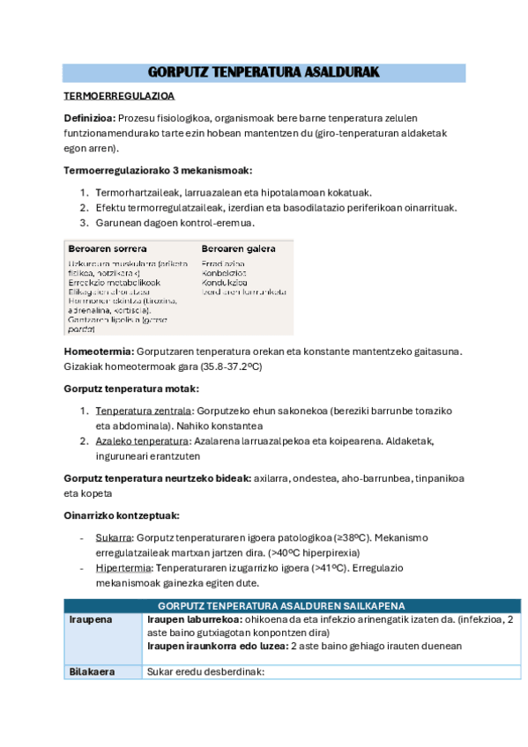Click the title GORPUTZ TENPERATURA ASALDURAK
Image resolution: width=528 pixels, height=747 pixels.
tap(264, 72)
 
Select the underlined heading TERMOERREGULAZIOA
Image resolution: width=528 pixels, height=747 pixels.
tap(119, 95)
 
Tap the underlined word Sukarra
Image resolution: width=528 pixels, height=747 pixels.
tap(115, 537)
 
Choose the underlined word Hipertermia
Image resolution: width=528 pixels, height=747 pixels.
tap(122, 567)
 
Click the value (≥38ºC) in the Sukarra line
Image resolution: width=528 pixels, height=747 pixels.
tap(353, 537)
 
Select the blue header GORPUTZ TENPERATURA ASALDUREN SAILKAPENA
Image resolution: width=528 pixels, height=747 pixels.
tap(280, 606)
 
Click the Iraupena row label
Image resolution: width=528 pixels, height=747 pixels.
tap(91, 619)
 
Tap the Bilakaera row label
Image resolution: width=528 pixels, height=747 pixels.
tap(93, 672)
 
